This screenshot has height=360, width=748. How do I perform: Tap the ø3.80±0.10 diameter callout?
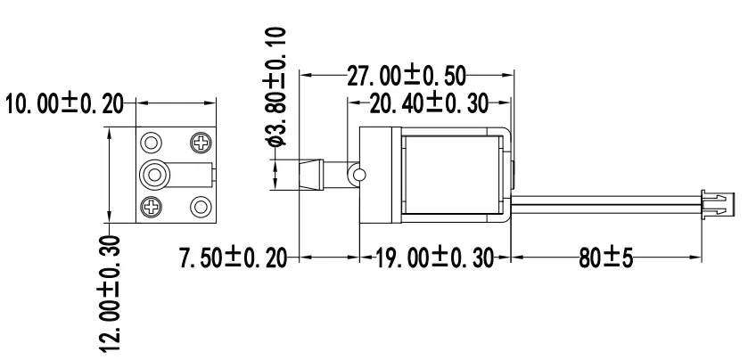pyautogui.click(x=277, y=86)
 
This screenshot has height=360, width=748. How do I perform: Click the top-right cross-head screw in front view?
pyautogui.click(x=200, y=142)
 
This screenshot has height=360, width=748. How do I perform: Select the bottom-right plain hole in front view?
pyautogui.click(x=200, y=209)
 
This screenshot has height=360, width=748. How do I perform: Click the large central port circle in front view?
pyautogui.click(x=156, y=174)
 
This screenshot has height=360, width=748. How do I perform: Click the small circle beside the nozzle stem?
pyautogui.click(x=357, y=175)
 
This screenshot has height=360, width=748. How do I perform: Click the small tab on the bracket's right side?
pyautogui.click(x=514, y=172)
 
